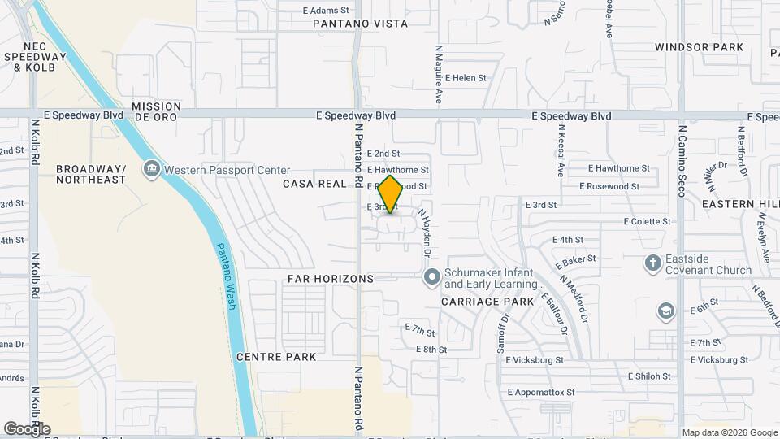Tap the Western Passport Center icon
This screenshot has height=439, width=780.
pyautogui.click(x=151, y=170)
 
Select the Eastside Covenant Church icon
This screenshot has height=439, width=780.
pyautogui.click(x=652, y=263)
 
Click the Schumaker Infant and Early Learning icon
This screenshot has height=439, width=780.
pyautogui.click(x=431, y=278)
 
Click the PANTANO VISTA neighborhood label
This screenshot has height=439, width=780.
pyautogui.click(x=361, y=24)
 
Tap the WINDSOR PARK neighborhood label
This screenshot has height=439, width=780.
pyautogui.click(x=699, y=47)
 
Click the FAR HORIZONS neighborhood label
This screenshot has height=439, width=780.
pyautogui.click(x=330, y=279)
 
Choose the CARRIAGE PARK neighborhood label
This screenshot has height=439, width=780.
pyautogui.click(x=487, y=302)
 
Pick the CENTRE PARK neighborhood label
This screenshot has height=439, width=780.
pyautogui.click(x=276, y=357)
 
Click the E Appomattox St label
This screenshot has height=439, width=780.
pyautogui.click(x=540, y=392)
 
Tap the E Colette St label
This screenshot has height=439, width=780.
pyautogui.click(x=647, y=221)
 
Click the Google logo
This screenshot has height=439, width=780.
pyautogui.click(x=28, y=428)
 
